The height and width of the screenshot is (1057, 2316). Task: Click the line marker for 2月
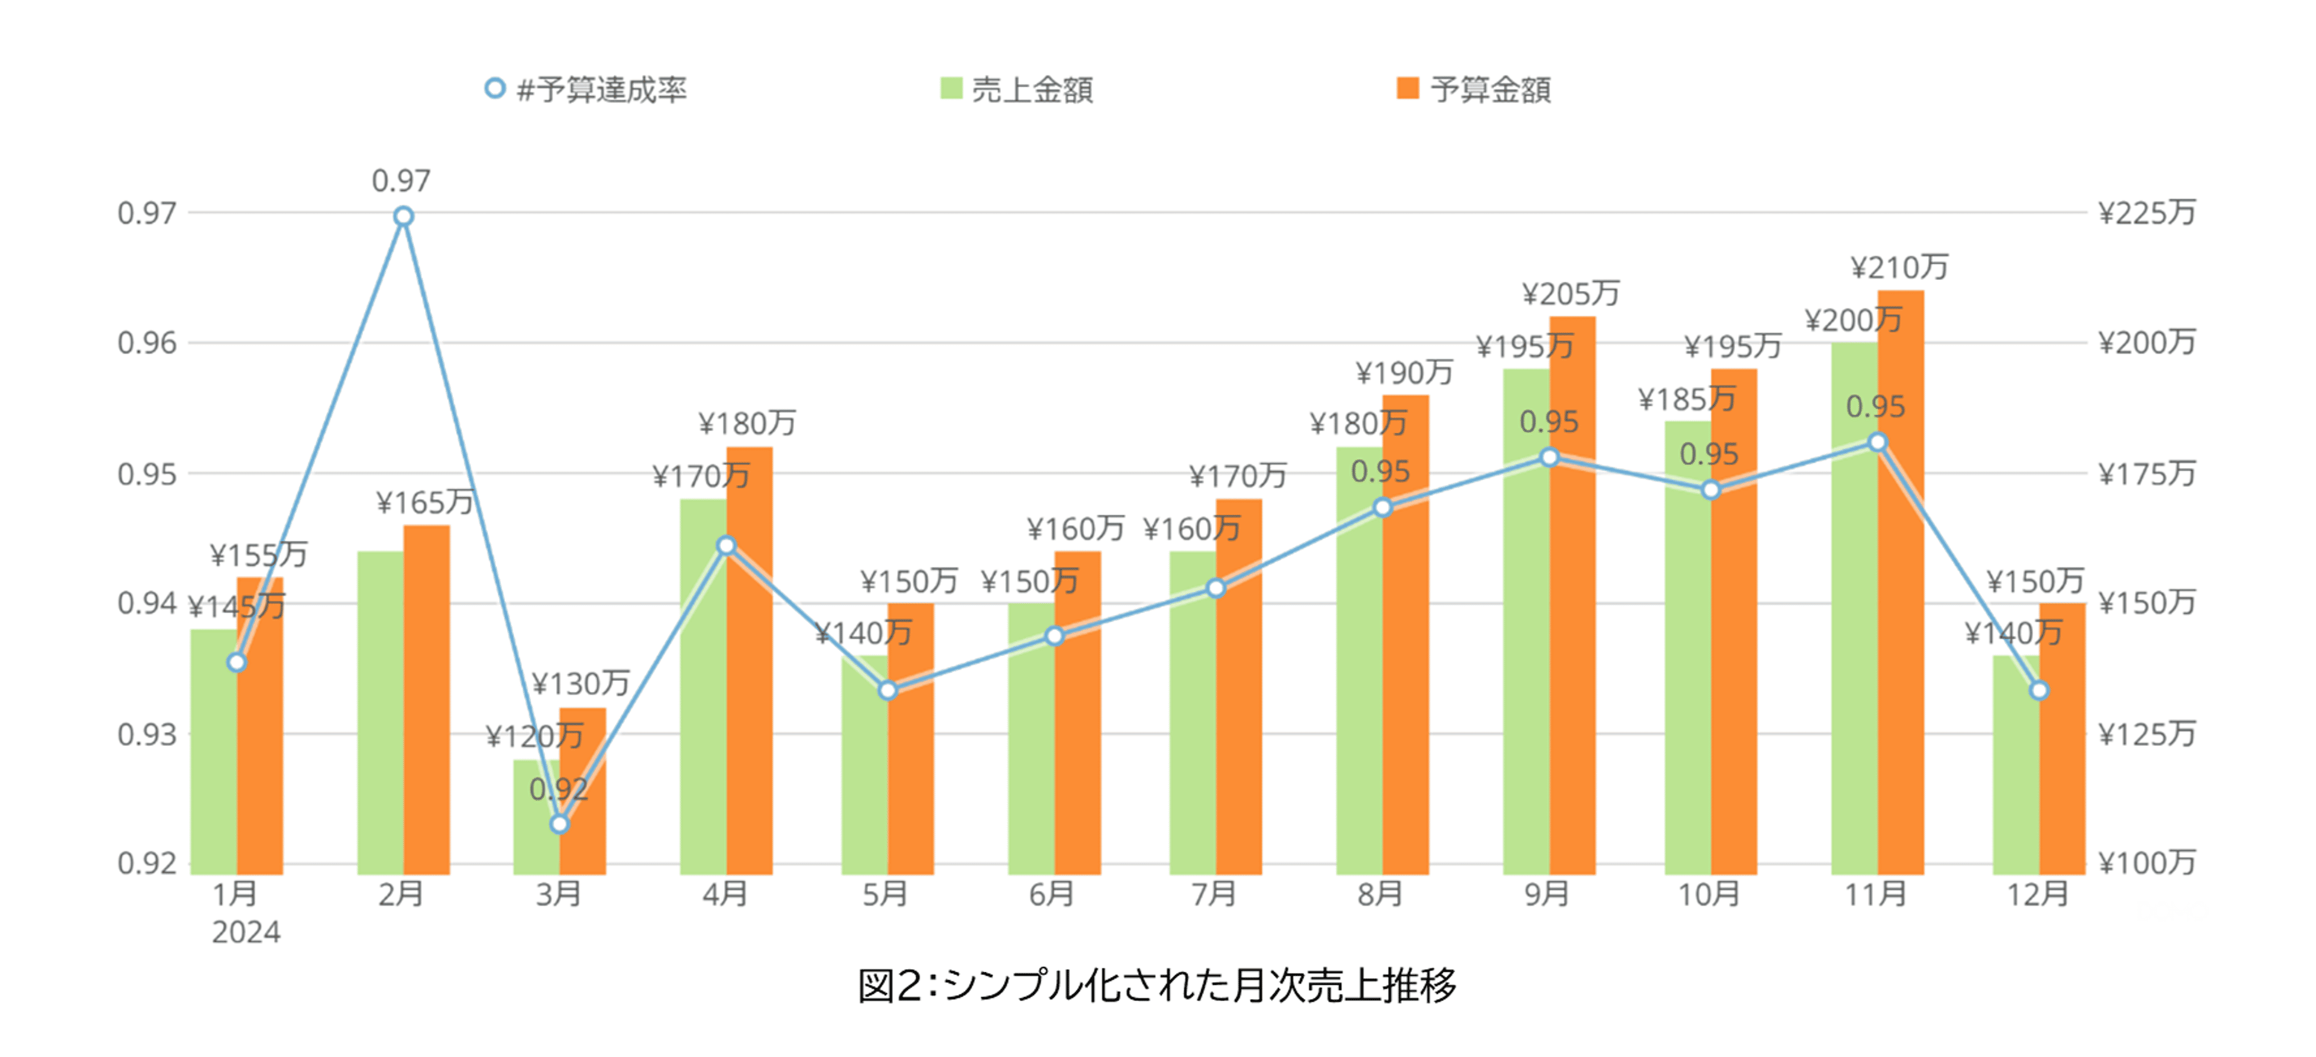(404, 217)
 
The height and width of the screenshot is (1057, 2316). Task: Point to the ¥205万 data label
(1571, 294)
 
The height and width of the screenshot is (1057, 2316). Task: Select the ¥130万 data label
(581, 684)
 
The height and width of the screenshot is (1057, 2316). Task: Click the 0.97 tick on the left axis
(146, 214)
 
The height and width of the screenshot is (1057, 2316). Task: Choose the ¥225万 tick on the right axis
(2146, 214)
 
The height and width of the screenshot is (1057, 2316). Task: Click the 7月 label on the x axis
(1214, 894)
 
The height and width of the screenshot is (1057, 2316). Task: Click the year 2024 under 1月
(245, 932)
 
